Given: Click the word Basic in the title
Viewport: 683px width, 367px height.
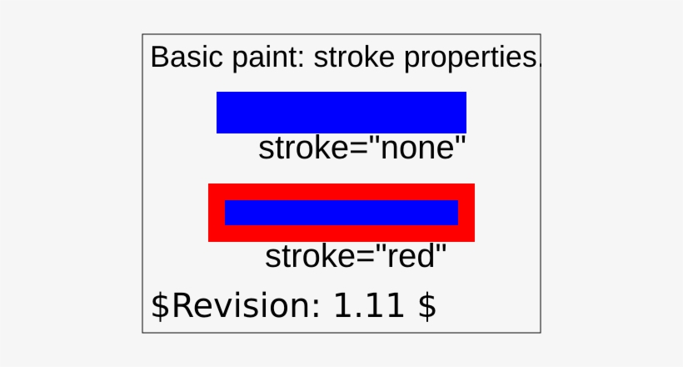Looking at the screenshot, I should (x=180, y=58).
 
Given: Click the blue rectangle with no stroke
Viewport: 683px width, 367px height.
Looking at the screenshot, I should (x=341, y=112).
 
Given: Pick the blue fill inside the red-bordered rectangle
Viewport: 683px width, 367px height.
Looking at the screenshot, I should (x=341, y=213).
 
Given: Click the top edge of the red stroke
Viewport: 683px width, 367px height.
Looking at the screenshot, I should (x=341, y=192).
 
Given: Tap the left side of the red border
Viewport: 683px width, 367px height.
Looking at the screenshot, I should (x=217, y=213).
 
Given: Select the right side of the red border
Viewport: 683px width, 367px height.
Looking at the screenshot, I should (x=466, y=213).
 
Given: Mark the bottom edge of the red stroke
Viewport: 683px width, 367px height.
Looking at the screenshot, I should (x=341, y=234).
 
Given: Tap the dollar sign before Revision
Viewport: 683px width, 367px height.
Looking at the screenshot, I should (x=159, y=305).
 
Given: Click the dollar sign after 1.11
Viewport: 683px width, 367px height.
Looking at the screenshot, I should (x=426, y=305).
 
